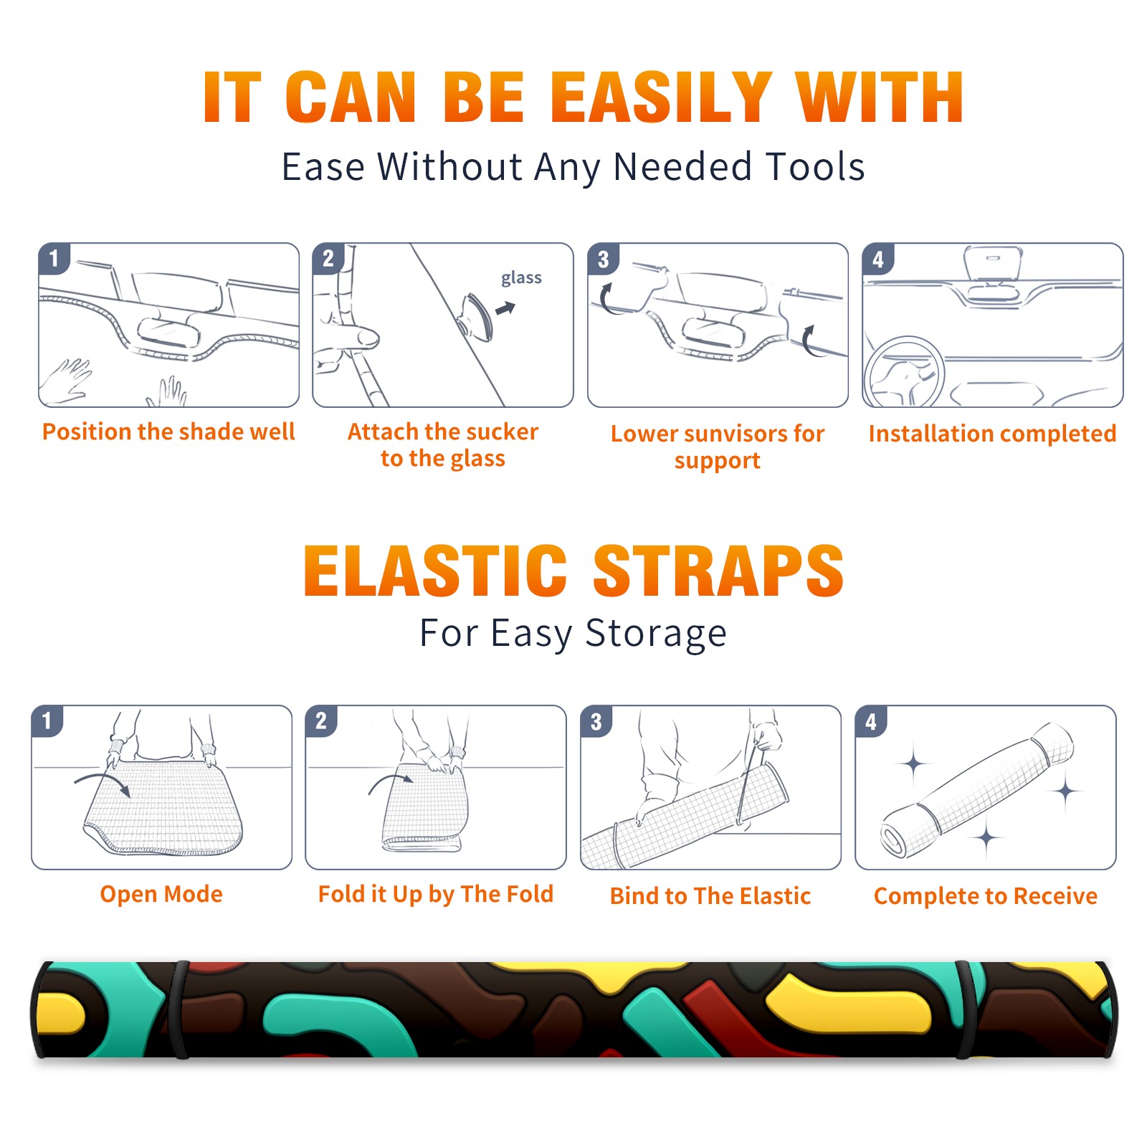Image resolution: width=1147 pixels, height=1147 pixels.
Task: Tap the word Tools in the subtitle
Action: (x=816, y=167)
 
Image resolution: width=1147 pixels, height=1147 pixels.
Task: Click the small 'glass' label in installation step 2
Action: (x=521, y=278)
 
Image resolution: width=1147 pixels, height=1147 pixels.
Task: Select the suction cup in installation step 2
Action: (x=476, y=317)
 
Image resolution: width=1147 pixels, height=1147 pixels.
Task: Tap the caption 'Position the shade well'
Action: (x=168, y=432)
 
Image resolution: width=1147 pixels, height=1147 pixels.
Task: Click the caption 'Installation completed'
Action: (x=992, y=434)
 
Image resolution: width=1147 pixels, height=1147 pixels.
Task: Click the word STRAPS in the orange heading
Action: (x=718, y=571)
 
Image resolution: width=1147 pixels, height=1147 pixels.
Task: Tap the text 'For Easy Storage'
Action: (x=573, y=633)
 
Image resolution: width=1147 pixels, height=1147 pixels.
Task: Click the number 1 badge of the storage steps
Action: (x=47, y=721)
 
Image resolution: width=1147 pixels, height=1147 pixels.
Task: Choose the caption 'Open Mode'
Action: (x=161, y=895)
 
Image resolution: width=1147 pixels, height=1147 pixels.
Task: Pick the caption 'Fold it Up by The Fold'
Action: (x=436, y=895)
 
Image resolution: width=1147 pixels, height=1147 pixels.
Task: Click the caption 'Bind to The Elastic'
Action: (x=710, y=896)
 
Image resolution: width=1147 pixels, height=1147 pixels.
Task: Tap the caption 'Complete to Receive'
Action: (x=986, y=896)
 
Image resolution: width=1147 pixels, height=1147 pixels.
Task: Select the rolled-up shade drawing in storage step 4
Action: (x=977, y=790)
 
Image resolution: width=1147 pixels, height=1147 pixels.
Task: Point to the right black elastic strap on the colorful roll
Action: (x=967, y=1009)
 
